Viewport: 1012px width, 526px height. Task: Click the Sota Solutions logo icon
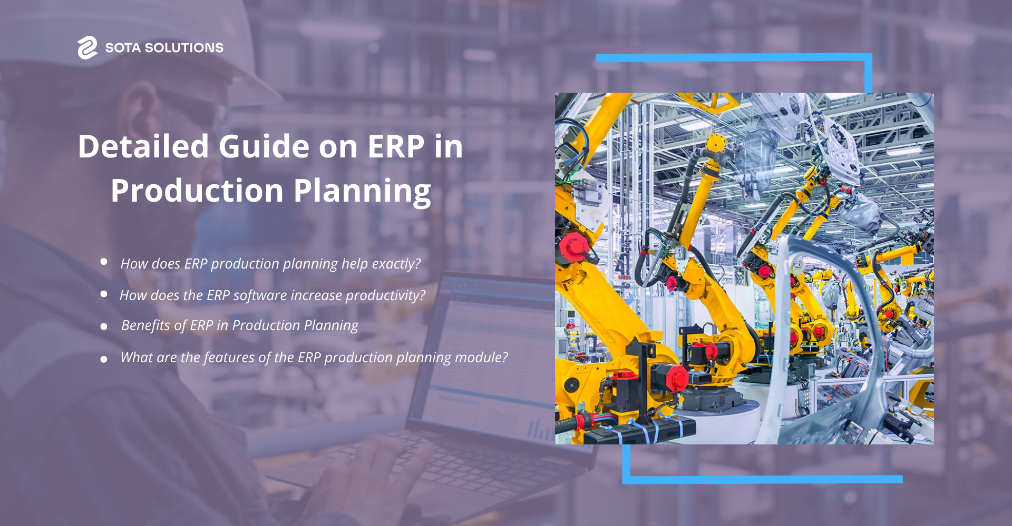[x=87, y=47]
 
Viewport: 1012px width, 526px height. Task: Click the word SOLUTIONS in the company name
[x=184, y=48]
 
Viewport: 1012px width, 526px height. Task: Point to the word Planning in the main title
[x=362, y=191]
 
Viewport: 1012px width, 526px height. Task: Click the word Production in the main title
[x=197, y=191]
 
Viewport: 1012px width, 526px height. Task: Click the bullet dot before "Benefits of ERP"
[x=104, y=326]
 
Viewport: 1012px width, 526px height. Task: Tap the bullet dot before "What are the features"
[x=104, y=359]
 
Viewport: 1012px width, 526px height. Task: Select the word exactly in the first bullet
[x=396, y=264]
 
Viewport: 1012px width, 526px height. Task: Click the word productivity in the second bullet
[x=385, y=295]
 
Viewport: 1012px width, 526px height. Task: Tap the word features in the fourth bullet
[x=229, y=358]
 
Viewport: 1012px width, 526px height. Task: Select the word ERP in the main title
[x=396, y=146]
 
